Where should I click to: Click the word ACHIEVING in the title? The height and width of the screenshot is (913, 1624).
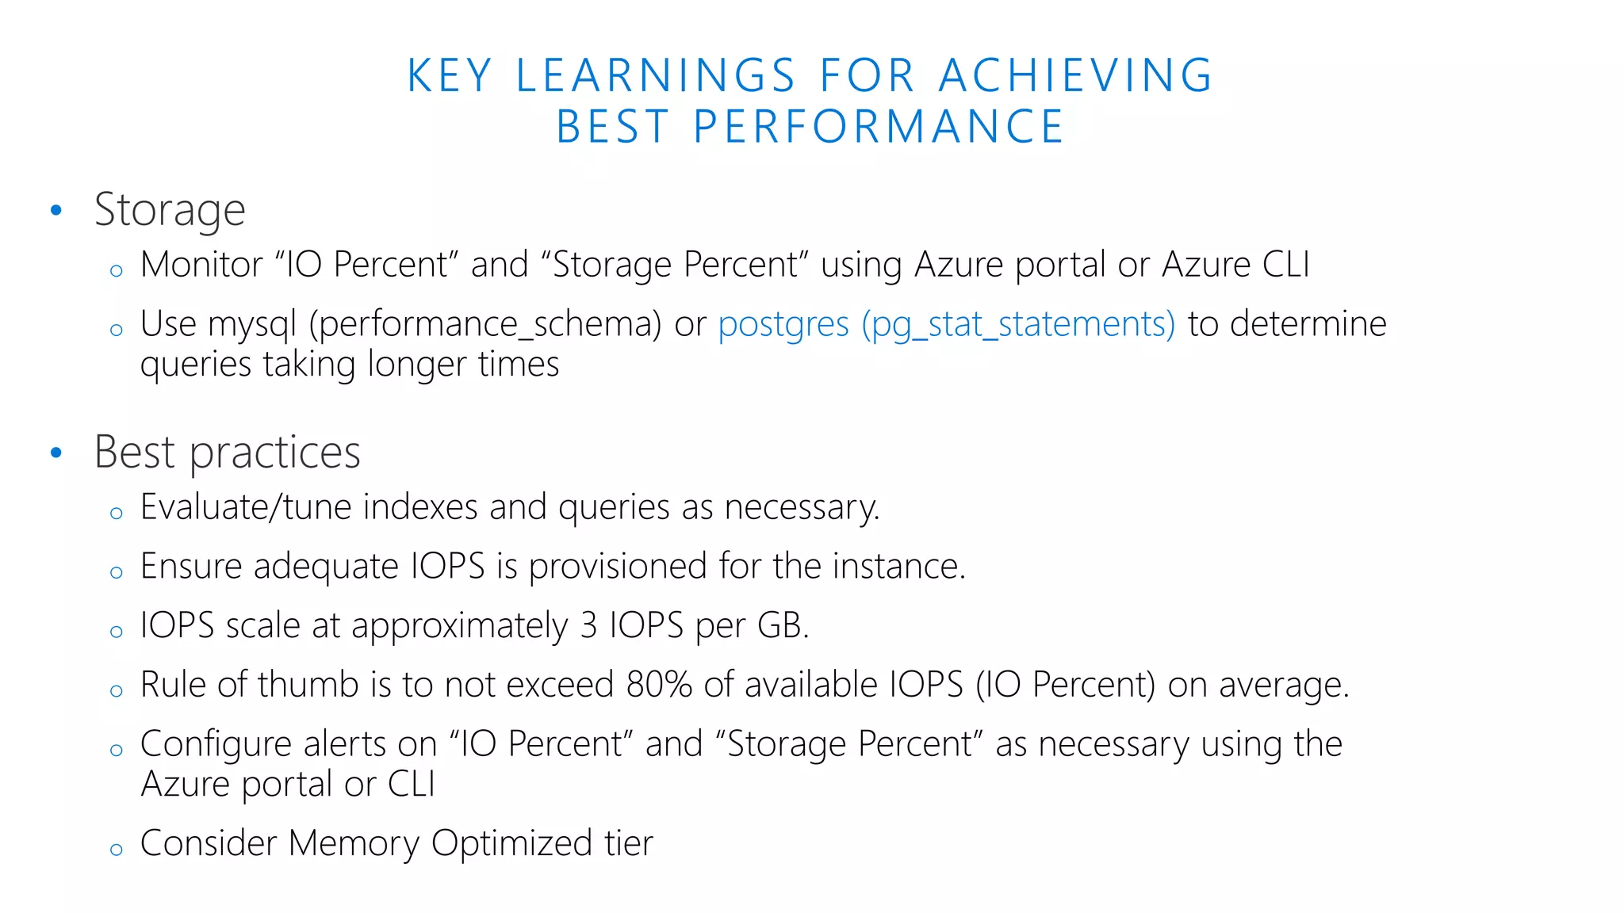pos(1075,76)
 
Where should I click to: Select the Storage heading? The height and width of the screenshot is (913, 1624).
pos(170,210)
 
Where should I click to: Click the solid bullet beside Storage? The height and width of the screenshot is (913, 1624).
pos(56,211)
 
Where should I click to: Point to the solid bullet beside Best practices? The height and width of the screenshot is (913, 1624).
pos(56,453)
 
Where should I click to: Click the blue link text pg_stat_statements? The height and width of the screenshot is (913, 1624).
pos(1018,325)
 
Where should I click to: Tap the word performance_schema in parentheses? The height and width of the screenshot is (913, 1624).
pos(485,325)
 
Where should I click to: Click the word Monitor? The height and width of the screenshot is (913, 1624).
pos(201,265)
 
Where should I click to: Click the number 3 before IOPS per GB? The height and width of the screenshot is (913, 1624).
pos(588,626)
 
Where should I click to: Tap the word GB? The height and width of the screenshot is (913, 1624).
pos(783,626)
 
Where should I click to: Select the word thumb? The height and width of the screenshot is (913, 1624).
pos(308,685)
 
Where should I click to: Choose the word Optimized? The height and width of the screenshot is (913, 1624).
pos(511,843)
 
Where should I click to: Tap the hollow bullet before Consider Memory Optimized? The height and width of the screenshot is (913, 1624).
pos(117,850)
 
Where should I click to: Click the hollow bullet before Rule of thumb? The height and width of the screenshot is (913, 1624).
pos(117,691)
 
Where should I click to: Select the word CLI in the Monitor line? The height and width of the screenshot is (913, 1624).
pos(1285,265)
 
